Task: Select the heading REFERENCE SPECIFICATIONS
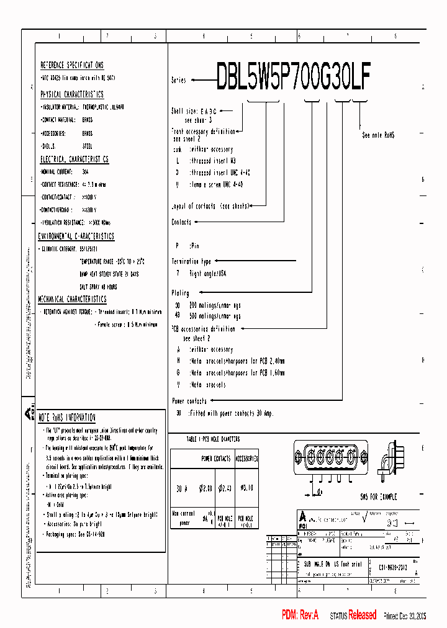72,65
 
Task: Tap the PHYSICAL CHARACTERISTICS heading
72,94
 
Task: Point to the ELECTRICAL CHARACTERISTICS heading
74,159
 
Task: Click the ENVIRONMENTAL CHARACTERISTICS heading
76,236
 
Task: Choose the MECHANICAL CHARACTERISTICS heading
72,299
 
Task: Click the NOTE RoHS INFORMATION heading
67,418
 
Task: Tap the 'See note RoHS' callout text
378,135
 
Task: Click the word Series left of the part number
179,81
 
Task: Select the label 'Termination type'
191,261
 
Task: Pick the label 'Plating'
180,293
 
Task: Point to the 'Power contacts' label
190,401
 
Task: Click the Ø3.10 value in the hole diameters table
246,488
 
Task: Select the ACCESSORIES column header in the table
246,459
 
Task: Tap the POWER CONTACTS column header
215,459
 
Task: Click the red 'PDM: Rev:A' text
300,615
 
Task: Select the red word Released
362,615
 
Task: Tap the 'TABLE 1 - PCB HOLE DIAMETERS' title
213,439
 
